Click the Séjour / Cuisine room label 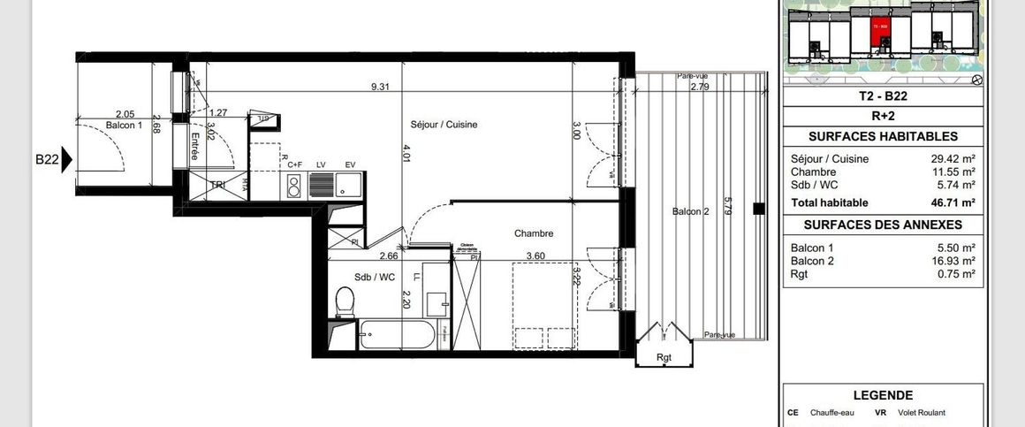point(444,125)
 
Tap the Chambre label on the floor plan point(534,233)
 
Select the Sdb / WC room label point(374,277)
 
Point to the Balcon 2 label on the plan point(690,210)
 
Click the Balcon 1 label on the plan point(124,126)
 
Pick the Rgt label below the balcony point(664,357)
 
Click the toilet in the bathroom point(345,301)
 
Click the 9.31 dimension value point(381,87)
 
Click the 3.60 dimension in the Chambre point(536,256)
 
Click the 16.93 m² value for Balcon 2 point(956,261)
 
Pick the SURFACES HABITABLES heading point(883,137)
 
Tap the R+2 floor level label point(883,115)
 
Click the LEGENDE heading point(883,395)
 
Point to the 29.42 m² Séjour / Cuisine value point(956,159)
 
